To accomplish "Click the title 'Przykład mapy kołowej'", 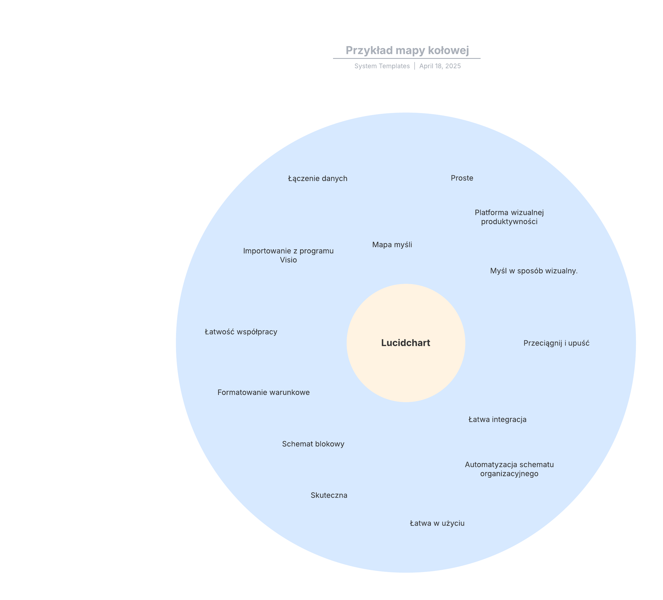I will [407, 50].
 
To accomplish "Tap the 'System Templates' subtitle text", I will [382, 66].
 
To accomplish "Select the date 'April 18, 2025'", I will [440, 66].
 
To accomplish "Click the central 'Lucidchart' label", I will [405, 343].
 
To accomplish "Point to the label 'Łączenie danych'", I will [318, 179].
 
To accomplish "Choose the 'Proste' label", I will [462, 178].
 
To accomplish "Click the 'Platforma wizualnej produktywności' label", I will [509, 217].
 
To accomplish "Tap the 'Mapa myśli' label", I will [392, 245].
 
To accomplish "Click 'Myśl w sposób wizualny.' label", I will [534, 271].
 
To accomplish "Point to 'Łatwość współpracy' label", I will [241, 332].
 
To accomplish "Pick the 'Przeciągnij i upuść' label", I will [556, 343].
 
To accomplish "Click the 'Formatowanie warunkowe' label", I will [263, 392].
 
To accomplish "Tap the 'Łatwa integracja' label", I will [497, 420].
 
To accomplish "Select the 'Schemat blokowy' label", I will [313, 444].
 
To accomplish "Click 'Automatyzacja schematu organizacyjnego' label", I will [509, 469].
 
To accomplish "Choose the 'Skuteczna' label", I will [329, 496].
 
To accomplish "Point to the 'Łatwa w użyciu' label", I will [437, 523].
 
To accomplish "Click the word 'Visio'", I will [289, 260].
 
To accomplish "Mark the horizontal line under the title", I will [407, 59].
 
